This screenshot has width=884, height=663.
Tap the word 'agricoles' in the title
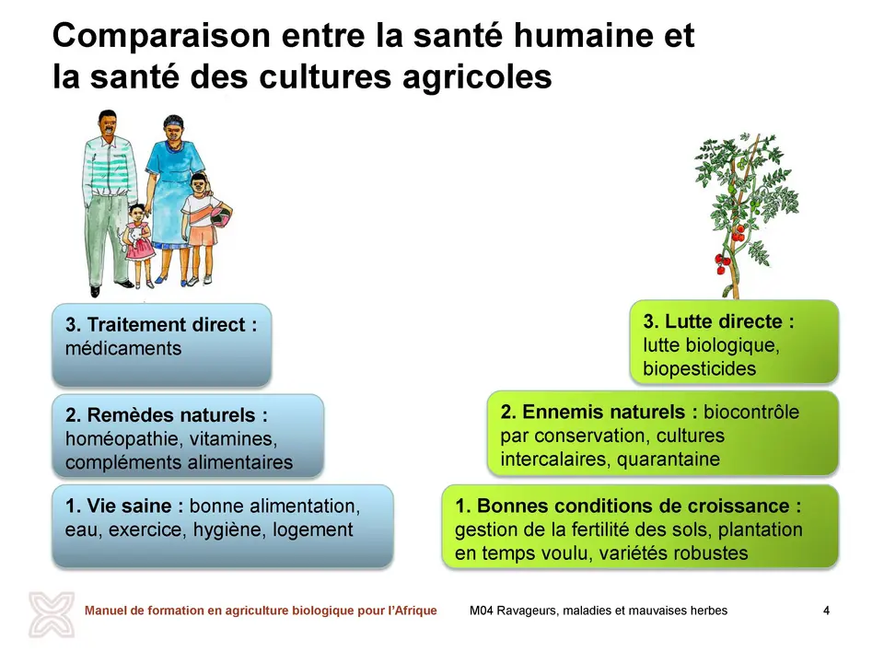click(x=477, y=76)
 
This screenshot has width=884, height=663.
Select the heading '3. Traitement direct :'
click(x=161, y=325)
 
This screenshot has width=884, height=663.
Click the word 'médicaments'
click(x=122, y=348)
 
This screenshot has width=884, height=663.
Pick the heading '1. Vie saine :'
click(x=124, y=506)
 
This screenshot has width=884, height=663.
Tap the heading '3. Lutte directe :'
click(x=719, y=321)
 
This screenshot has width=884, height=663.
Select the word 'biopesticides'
click(x=699, y=368)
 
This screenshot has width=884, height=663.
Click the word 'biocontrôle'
click(x=751, y=412)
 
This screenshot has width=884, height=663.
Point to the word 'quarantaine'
click(x=669, y=459)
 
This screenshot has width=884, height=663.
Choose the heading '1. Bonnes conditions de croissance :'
click(x=628, y=506)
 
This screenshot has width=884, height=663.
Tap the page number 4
click(x=827, y=611)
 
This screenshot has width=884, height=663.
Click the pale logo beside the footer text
click(x=52, y=614)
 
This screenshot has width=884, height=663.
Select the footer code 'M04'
click(x=481, y=611)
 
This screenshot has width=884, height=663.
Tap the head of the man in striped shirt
click(x=108, y=124)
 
